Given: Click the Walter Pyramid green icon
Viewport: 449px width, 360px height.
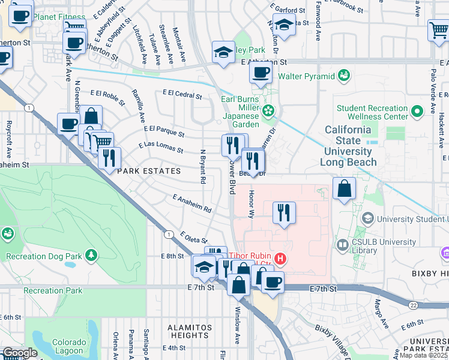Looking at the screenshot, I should pyautogui.click(x=343, y=76).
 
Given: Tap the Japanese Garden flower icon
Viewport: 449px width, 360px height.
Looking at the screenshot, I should pyautogui.click(x=268, y=110).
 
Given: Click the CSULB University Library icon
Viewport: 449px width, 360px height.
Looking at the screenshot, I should pyautogui.click(x=342, y=245).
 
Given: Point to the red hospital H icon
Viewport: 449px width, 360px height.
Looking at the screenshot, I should pyautogui.click(x=280, y=260).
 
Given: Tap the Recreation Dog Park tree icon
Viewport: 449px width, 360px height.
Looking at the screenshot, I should pyautogui.click(x=91, y=256).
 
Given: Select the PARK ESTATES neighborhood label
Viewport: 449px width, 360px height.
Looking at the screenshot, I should pyautogui.click(x=149, y=172).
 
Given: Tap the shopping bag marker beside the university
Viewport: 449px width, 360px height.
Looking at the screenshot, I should pyautogui.click(x=345, y=189).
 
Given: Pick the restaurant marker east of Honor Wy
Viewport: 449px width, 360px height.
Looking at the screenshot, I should pyautogui.click(x=284, y=212).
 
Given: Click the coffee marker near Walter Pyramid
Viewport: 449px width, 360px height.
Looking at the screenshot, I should pyautogui.click(x=261, y=73).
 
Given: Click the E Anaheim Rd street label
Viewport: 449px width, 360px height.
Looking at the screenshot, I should pyautogui.click(x=191, y=203).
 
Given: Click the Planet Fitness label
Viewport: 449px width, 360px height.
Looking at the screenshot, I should pyautogui.click(x=59, y=17).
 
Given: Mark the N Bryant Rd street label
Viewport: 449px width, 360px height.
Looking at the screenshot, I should pyautogui.click(x=203, y=167).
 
